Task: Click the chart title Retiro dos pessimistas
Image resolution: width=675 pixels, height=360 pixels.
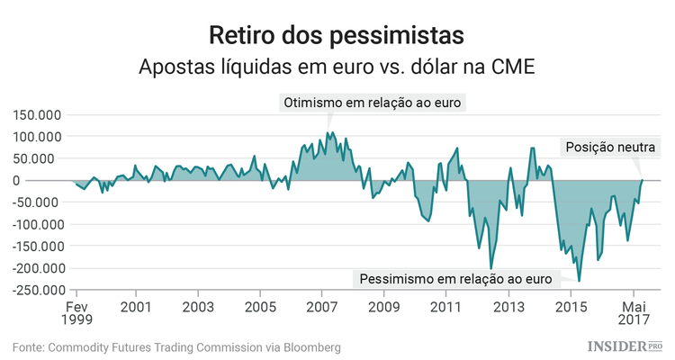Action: (337, 35)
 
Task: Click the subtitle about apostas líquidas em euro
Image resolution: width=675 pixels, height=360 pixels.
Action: (337, 68)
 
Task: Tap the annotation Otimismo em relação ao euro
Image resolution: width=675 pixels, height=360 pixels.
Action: (373, 103)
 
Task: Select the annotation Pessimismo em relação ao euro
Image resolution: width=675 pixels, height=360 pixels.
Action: (455, 279)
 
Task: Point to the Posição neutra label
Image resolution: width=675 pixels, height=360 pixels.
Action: (611, 148)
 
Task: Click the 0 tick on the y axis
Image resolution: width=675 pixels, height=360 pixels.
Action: (62, 180)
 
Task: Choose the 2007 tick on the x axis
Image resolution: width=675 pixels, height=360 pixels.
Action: (322, 306)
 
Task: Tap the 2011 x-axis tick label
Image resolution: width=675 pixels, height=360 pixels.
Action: (446, 306)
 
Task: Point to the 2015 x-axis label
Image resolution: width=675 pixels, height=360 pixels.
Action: (571, 306)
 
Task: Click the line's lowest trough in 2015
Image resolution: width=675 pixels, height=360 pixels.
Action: (579, 281)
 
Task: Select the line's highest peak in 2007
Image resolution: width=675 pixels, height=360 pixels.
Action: (328, 133)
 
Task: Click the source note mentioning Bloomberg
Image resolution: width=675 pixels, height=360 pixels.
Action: (176, 346)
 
